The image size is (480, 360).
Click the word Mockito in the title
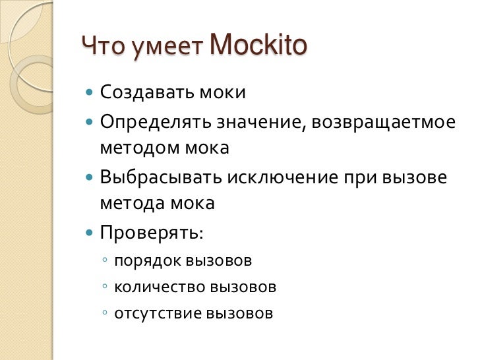[258, 46]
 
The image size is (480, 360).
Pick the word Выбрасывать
[162, 178]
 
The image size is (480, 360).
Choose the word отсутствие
[158, 313]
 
